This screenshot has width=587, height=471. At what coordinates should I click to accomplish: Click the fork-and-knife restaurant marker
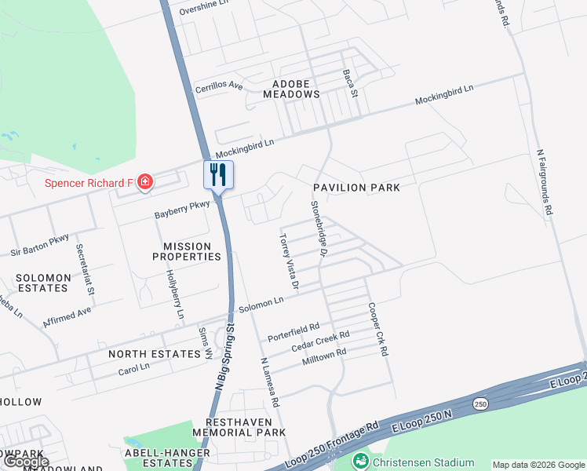(219, 174)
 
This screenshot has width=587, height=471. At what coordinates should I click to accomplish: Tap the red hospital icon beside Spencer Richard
(144, 183)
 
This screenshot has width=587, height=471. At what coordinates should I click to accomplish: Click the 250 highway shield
(480, 403)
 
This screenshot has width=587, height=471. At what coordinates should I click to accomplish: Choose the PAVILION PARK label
(356, 188)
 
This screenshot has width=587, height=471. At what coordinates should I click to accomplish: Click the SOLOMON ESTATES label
(42, 283)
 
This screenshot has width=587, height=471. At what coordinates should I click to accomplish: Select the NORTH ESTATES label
(155, 354)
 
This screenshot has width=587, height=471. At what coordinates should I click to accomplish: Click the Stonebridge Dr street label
(317, 228)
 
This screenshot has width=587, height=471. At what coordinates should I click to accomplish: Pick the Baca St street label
(349, 83)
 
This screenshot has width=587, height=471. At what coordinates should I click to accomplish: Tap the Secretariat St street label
(85, 268)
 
